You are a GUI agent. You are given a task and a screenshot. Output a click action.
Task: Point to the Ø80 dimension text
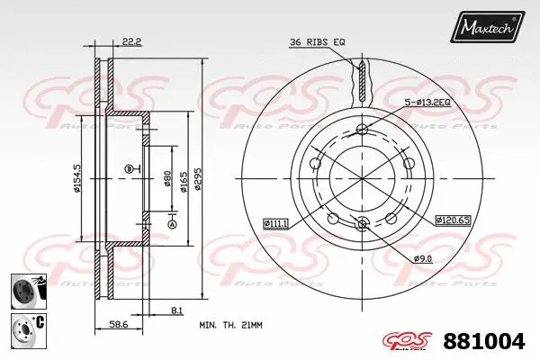(x=167, y=176)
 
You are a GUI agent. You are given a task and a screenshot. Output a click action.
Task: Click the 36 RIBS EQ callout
(x=316, y=42)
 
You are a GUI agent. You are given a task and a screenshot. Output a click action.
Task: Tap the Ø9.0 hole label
(x=423, y=259)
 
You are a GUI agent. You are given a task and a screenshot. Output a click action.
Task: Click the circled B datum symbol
(x=128, y=168)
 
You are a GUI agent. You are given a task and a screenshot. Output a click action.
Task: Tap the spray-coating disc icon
(x=22, y=291)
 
